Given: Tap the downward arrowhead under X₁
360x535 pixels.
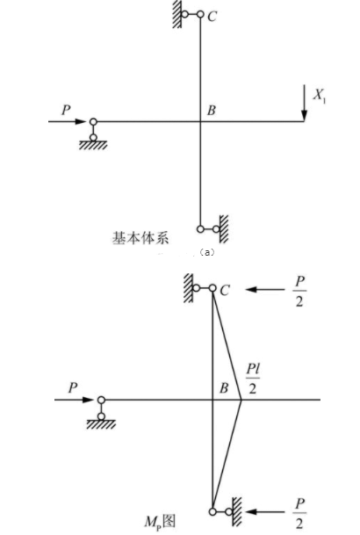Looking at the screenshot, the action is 304,116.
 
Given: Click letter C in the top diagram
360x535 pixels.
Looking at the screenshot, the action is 212,16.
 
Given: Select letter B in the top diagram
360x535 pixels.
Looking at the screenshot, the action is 212,110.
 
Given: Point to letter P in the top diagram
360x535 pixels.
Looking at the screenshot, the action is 66,110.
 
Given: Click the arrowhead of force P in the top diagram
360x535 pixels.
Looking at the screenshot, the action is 81,121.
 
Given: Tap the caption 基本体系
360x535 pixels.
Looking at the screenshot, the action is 140,238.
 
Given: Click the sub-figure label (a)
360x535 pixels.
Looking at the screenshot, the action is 207,252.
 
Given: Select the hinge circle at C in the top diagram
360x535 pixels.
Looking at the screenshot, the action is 200,14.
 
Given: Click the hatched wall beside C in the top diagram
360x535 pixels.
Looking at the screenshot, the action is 176,14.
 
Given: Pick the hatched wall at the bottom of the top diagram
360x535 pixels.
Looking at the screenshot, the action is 224,228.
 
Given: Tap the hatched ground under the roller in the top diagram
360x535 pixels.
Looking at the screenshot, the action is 93,145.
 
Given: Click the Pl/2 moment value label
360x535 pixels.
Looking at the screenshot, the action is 253,379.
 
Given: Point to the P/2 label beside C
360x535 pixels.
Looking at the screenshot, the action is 299,292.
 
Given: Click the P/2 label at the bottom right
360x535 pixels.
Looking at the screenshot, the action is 299,514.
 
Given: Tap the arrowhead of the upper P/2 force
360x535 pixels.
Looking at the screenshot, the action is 251,290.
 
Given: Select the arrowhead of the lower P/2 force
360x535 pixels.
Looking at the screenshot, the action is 251,512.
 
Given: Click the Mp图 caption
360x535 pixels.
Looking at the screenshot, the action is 160,521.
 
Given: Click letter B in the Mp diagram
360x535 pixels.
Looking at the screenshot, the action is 224,388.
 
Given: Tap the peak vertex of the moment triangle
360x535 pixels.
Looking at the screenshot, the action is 241,400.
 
